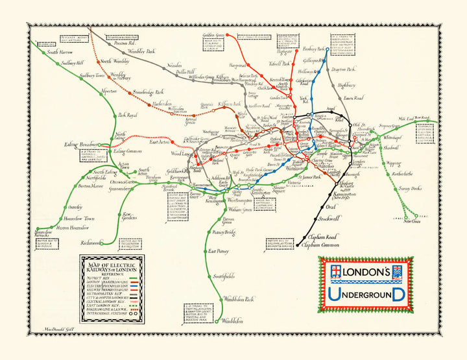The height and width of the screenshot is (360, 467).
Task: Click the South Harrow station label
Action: pyautogui.click(x=62, y=52)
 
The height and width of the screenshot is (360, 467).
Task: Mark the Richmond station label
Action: pyautogui.click(x=90, y=243)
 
